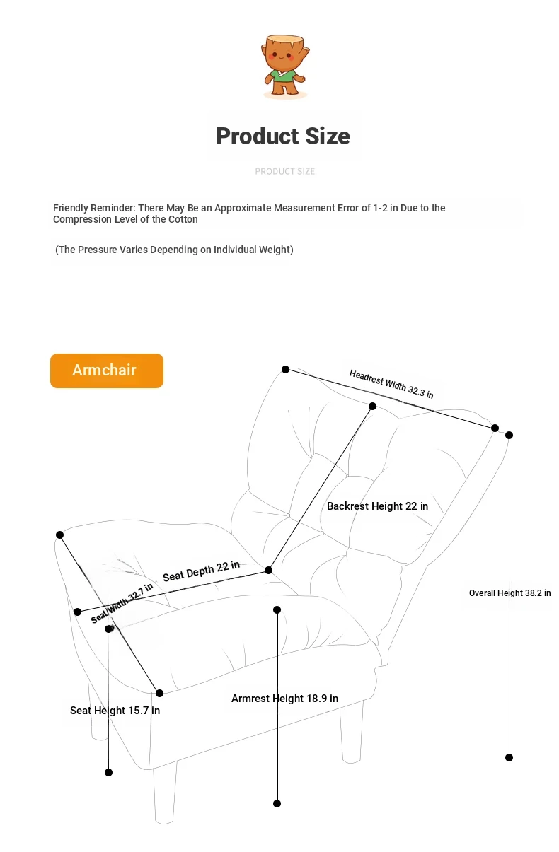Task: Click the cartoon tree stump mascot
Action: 284,65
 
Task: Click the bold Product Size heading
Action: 283,136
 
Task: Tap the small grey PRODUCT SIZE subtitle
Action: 284,171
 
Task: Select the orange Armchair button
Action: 107,370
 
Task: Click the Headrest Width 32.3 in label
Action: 391,384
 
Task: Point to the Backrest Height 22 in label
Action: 377,506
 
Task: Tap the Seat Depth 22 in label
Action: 201,571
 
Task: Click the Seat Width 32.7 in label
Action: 122,603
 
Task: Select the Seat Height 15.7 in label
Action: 115,711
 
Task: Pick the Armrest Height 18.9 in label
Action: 284,699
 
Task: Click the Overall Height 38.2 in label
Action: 509,593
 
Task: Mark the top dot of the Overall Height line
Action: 509,435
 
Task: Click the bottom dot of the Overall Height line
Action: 509,757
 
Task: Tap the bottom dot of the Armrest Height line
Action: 277,803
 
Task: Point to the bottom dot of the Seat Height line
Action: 108,772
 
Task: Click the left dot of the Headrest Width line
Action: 285,369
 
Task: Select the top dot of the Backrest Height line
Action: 372,406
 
